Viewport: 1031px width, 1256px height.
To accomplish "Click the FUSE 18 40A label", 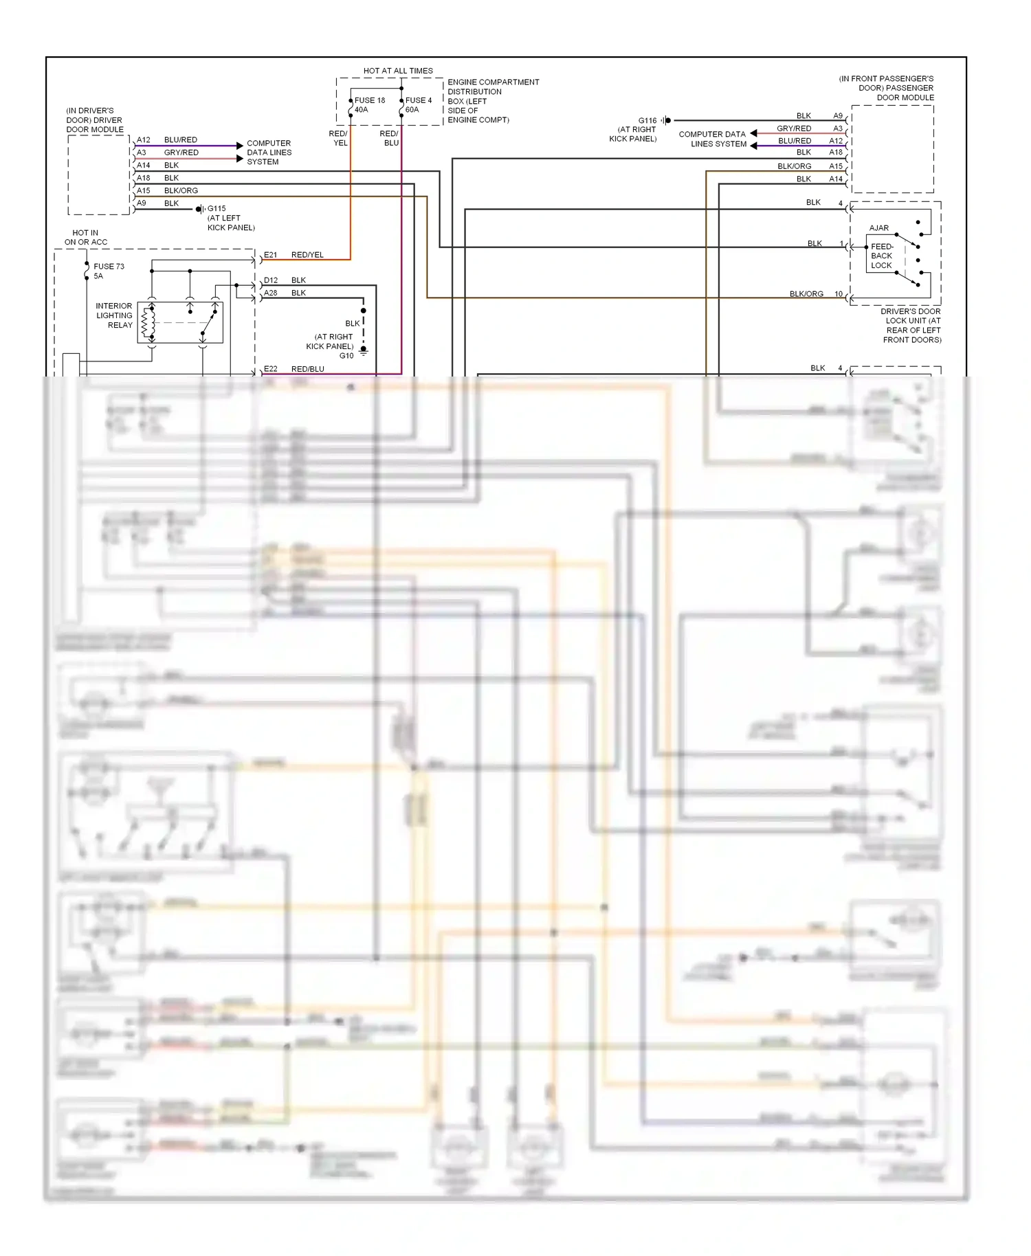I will click(369, 105).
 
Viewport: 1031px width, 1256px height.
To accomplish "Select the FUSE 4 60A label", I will click(418, 105).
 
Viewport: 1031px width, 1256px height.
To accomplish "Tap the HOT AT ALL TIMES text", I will click(398, 71).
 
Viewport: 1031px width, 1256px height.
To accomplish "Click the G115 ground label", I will click(217, 209).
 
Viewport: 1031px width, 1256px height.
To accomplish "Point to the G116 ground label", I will click(647, 121).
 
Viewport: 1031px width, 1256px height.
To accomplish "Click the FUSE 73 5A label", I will click(109, 271).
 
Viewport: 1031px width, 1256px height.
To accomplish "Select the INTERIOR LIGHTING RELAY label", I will click(114, 316).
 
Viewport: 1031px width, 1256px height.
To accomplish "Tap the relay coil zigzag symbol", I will click(146, 322).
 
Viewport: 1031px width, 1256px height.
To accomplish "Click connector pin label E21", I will click(271, 255).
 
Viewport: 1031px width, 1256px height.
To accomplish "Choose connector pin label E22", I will click(271, 369).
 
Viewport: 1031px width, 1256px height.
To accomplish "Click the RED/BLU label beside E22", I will click(307, 369).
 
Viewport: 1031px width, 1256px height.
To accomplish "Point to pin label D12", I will click(271, 280).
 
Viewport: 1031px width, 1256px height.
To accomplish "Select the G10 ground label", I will click(346, 356).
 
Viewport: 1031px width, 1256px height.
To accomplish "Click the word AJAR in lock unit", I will click(878, 228).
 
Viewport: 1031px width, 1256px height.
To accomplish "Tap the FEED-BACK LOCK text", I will click(882, 256).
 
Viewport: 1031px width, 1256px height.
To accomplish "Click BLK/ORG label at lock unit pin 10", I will click(806, 294).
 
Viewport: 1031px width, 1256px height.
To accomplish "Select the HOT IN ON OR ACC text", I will click(86, 238).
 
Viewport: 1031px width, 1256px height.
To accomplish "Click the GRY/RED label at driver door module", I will click(181, 153).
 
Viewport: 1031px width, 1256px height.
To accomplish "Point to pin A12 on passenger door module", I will click(835, 141).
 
